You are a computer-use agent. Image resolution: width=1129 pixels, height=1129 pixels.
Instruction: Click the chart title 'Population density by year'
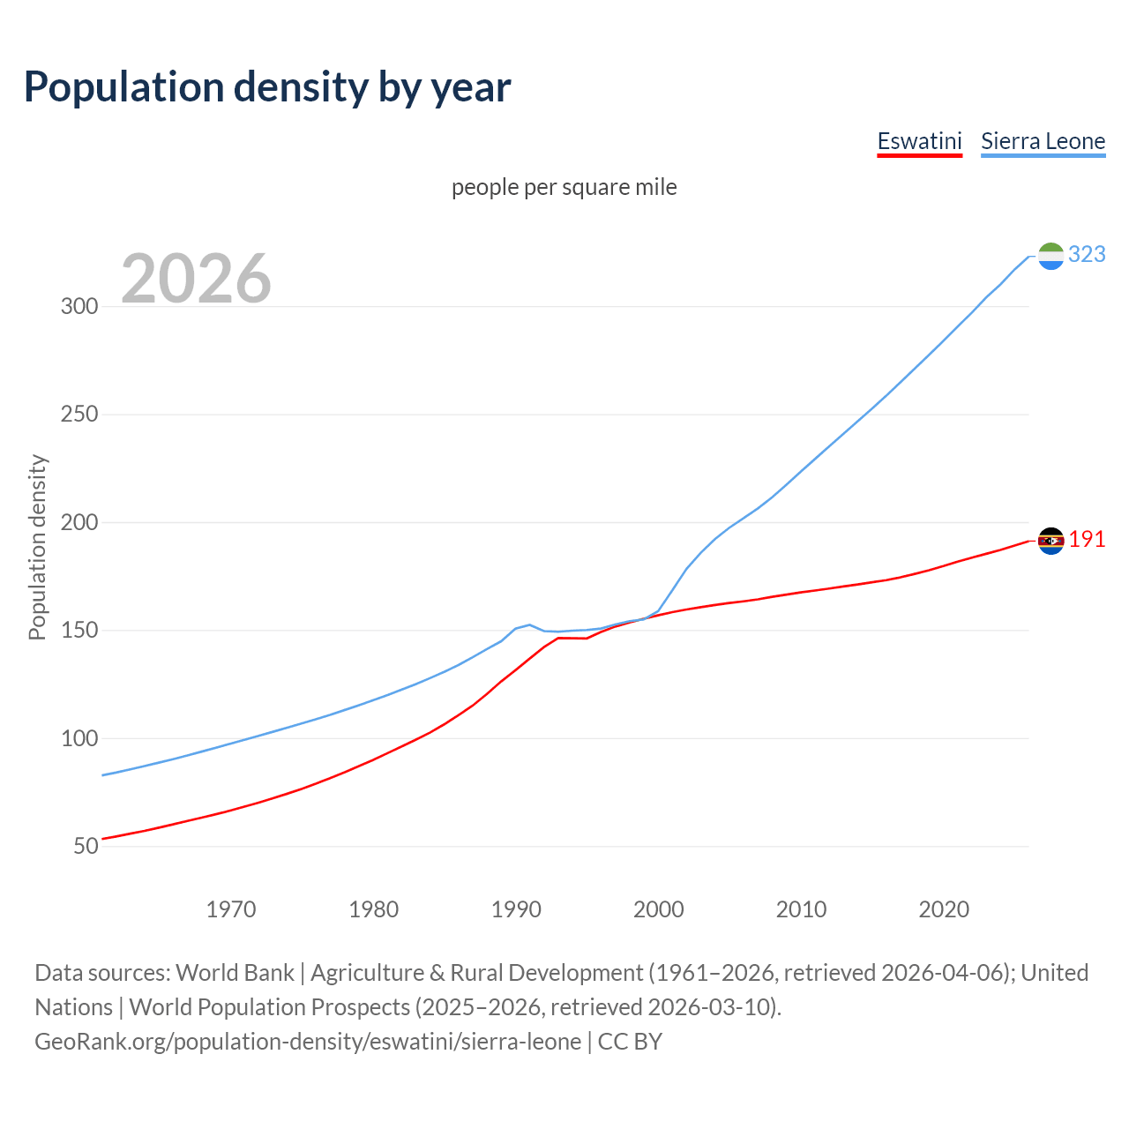(x=267, y=87)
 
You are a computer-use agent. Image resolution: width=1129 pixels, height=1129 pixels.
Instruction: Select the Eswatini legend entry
(x=919, y=141)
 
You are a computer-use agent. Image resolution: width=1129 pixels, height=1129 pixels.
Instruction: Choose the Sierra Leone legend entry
(x=1043, y=141)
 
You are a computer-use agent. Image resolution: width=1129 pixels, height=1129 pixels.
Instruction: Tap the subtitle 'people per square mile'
(x=564, y=187)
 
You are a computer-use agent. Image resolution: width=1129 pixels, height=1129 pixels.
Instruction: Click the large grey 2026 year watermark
(x=196, y=279)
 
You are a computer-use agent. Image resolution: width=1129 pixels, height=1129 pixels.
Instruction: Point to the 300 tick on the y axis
(x=79, y=307)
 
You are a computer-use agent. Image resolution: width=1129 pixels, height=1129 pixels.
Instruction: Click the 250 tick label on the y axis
(x=79, y=415)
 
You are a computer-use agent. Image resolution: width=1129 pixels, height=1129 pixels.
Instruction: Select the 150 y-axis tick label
(x=79, y=631)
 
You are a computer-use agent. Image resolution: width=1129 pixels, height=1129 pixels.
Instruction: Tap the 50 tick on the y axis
(x=86, y=847)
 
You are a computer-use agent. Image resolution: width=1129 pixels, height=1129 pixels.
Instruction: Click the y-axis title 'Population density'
(x=37, y=547)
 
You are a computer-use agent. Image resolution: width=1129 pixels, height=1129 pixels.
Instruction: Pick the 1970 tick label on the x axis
(x=231, y=909)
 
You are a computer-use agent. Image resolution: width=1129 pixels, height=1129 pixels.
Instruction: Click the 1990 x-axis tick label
(x=516, y=909)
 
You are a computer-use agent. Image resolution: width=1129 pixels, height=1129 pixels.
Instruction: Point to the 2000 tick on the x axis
(x=659, y=909)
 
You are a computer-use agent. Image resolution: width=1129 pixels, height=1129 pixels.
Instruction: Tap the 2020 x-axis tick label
(x=944, y=909)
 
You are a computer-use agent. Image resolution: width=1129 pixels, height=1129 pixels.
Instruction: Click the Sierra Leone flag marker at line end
(x=1050, y=256)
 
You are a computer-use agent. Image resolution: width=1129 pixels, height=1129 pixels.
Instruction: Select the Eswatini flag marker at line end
(x=1050, y=541)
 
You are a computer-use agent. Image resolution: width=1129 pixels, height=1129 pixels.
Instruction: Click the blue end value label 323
(x=1087, y=255)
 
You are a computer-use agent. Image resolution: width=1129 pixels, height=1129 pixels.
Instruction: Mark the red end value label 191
(x=1087, y=540)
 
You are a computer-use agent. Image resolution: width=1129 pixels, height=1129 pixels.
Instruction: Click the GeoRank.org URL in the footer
(x=308, y=1042)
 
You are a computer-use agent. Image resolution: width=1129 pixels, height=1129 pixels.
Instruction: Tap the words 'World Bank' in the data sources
(x=235, y=973)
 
